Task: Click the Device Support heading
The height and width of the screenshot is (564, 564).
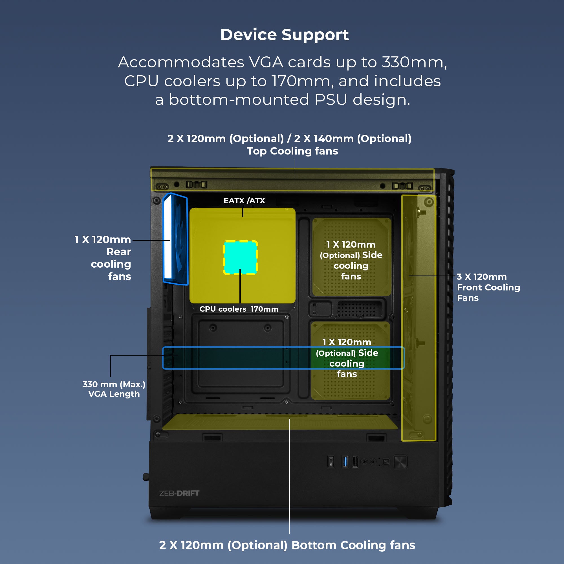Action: coord(284,35)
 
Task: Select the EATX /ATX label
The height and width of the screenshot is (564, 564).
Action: coord(244,201)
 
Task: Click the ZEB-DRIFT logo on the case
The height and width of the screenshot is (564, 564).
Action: coord(179,493)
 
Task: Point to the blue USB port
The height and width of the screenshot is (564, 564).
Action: coord(345,462)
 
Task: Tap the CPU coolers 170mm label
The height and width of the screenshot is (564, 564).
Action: coord(239,309)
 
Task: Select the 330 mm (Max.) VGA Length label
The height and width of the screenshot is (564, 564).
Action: coord(114,389)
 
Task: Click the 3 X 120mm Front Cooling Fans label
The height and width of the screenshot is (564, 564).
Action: coord(488,287)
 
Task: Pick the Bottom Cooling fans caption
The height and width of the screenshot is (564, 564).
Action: coord(287,545)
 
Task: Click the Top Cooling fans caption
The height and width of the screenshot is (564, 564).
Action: coord(292,151)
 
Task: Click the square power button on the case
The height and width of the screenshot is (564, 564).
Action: coord(400,462)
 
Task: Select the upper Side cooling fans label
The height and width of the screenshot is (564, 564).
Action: coord(351,260)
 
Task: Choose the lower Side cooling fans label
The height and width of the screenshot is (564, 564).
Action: coord(347,358)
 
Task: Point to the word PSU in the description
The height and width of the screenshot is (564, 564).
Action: coord(331,100)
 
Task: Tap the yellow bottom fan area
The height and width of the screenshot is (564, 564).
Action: coord(279,422)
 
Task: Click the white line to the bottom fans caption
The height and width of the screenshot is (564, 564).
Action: coord(289,482)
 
